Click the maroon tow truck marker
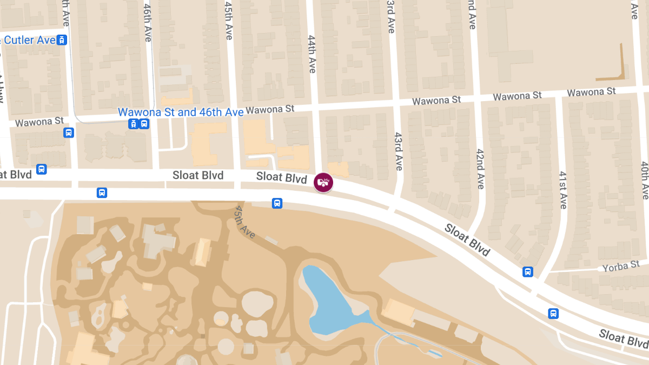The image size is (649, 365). coord(323,182)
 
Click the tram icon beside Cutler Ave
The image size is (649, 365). coord(62,40)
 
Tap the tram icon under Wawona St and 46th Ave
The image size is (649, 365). coord(133,124)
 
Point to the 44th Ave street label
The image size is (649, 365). coord(312,54)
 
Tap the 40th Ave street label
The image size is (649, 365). coord(644,180)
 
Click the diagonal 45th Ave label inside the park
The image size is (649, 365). coord(245,221)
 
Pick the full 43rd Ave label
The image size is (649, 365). coord(398,151)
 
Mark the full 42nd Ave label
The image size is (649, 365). coord(479,168)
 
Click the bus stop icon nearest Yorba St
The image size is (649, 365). coord(527,271)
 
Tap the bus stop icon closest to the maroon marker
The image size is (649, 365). coord(277,203)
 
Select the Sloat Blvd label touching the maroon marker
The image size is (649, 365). coord(281,177)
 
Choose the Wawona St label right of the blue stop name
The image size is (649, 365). coord(270,110)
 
